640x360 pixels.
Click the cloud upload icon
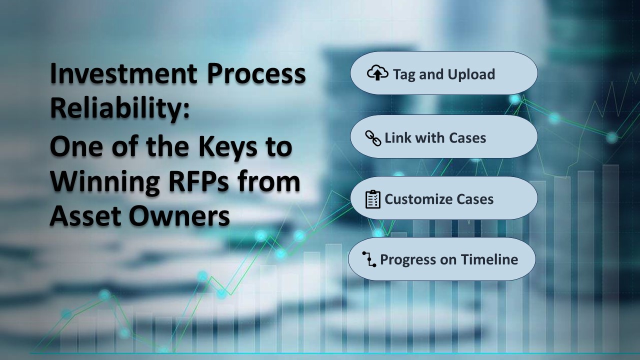click(377, 73)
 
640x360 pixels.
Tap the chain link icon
click(373, 138)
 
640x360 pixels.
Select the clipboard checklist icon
click(373, 199)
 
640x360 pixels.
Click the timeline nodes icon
click(369, 259)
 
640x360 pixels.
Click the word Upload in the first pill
click(471, 75)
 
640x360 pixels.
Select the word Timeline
click(489, 259)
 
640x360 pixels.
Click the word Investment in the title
click(123, 73)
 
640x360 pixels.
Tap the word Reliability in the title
click(119, 108)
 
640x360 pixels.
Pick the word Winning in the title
click(104, 183)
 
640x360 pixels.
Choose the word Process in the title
click(256, 73)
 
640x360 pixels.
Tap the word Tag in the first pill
click(404, 75)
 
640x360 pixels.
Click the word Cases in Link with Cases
click(467, 137)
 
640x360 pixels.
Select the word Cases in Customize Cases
click(475, 199)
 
